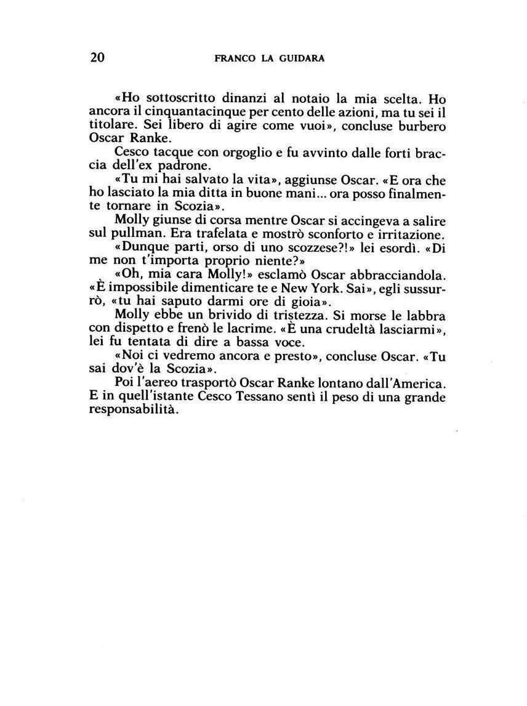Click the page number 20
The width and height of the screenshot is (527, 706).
(x=97, y=58)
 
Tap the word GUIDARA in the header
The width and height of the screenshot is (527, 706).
(x=302, y=58)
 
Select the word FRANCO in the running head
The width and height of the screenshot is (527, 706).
(x=233, y=58)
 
